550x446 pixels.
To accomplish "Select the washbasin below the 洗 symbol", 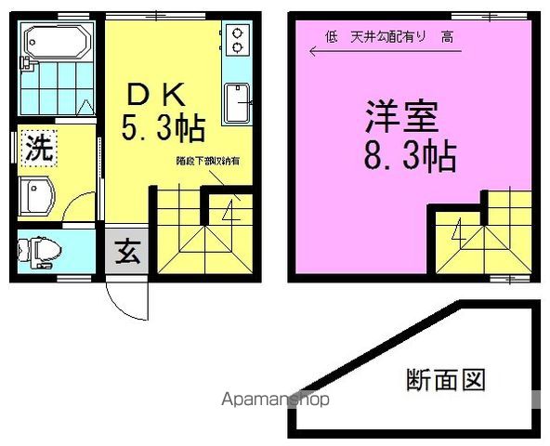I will [38, 196].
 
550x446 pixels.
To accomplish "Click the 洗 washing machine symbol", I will [38, 148].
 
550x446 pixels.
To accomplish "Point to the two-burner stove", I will [237, 39].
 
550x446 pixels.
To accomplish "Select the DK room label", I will [158, 94].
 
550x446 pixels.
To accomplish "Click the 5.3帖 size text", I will [162, 127].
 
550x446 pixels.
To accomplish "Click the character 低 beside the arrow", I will [331, 36].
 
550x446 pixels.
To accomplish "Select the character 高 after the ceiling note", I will [447, 36].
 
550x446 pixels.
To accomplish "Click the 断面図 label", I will [447, 380].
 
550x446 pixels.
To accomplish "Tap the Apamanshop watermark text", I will [273, 400].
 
